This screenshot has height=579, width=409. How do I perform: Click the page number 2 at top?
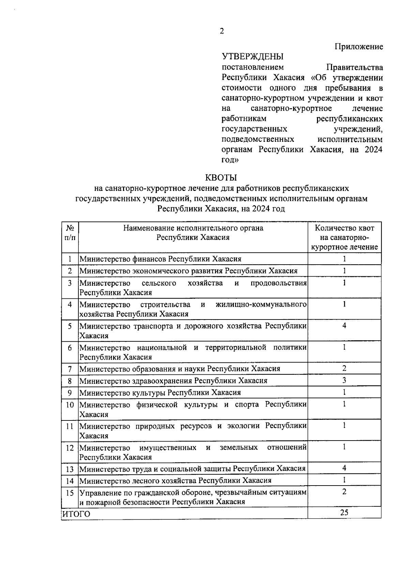point(222,31)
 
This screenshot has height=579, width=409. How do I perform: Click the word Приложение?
point(359,47)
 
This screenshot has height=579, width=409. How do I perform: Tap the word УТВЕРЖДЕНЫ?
point(253,56)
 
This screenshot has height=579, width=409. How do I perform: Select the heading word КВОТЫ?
point(221,178)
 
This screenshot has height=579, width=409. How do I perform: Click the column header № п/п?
point(70,233)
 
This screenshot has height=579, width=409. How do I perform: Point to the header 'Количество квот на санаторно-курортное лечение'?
point(344,237)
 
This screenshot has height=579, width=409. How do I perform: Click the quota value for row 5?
point(344,326)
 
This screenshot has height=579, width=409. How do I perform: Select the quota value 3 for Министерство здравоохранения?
point(344,380)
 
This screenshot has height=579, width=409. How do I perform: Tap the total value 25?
point(344,513)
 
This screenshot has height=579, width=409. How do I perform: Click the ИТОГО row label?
point(77,514)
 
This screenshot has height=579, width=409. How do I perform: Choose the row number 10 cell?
point(70,405)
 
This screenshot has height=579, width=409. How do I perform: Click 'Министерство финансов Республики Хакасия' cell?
point(160,259)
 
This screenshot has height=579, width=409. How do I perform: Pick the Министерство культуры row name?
point(160,392)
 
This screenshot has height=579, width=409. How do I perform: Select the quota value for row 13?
point(344,468)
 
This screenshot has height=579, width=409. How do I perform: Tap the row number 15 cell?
point(70,493)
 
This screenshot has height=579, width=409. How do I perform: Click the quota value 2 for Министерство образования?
point(344,368)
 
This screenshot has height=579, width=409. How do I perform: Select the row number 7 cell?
point(70,369)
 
